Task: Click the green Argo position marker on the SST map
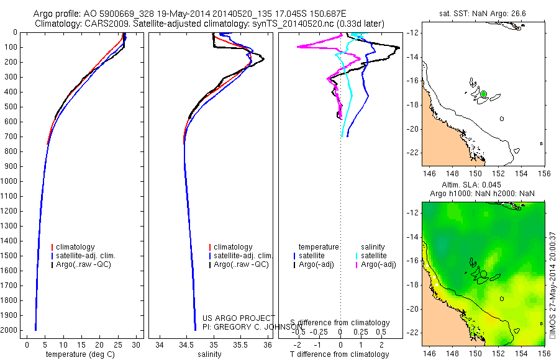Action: pos(483,94)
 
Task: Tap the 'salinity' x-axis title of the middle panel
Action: pos(209,354)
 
